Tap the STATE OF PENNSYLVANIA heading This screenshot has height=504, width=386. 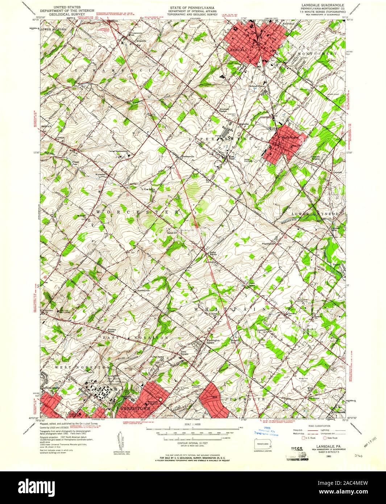(192, 7)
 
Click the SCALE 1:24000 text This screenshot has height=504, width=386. (192, 424)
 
